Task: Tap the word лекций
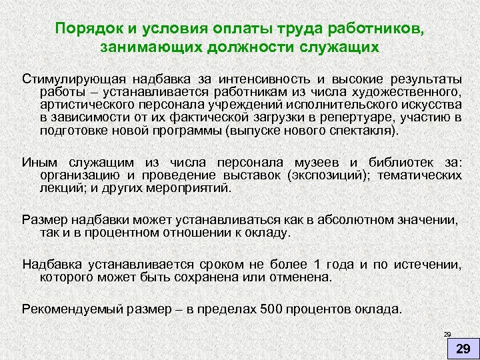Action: coord(59,188)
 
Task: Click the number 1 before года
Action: coord(317,264)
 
